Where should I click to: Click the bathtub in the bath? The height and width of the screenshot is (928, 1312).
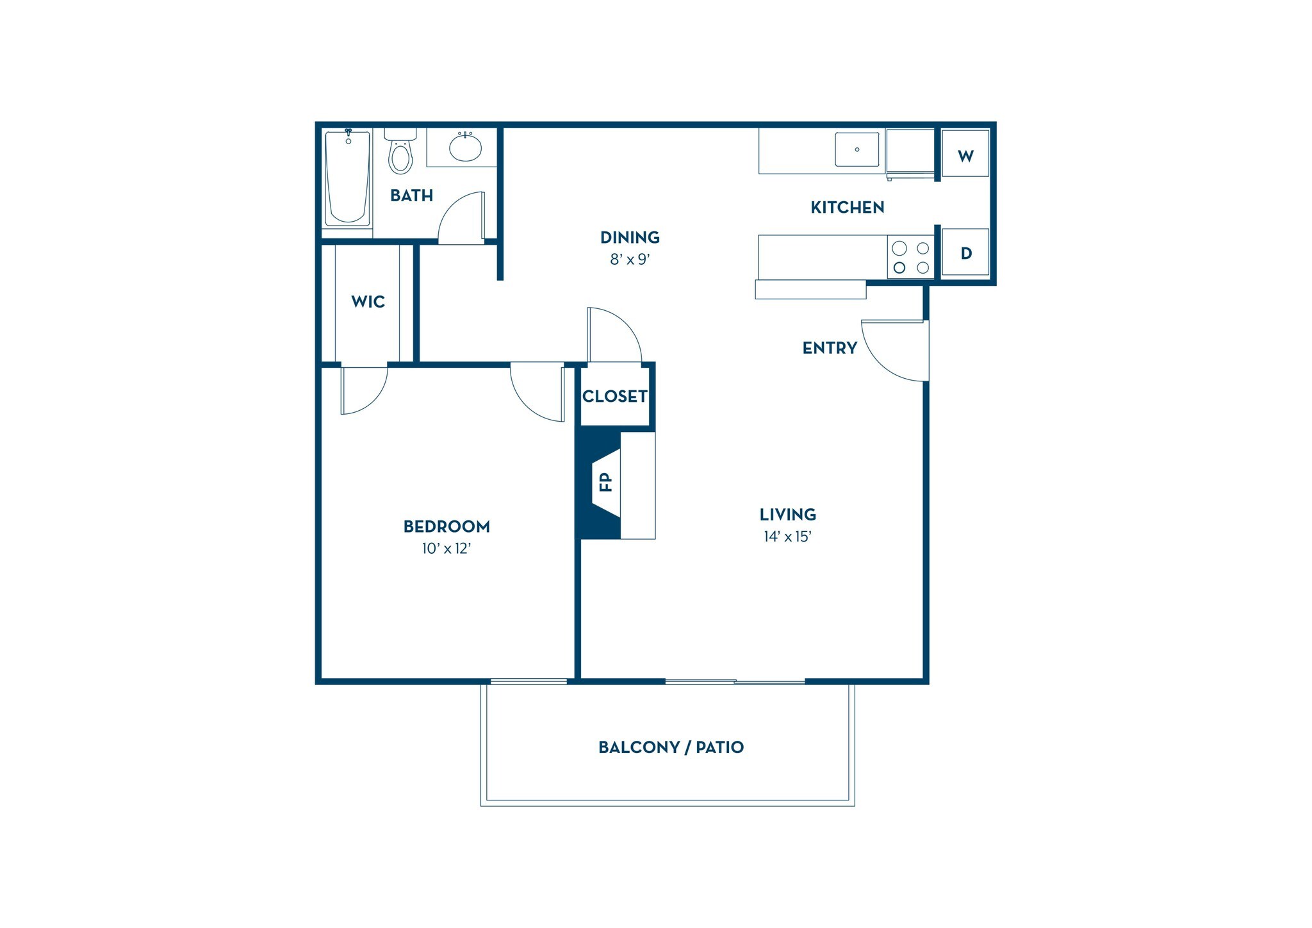coord(347,178)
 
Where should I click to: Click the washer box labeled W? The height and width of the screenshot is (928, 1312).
coord(965,153)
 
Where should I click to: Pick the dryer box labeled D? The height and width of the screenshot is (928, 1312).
coord(965,253)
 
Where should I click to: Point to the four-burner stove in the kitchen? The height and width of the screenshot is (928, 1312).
coord(910,257)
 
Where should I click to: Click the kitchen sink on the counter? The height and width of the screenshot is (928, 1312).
coord(857,149)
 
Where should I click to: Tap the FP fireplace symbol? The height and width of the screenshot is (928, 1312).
coord(605,482)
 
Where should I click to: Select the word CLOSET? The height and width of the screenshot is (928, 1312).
coord(614,397)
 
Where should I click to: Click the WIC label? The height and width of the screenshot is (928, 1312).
coord(368,302)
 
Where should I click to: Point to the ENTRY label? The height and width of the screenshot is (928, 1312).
coord(830,348)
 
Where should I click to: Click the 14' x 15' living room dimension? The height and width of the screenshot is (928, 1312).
coord(787,537)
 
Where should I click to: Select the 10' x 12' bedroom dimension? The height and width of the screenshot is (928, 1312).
coord(447,549)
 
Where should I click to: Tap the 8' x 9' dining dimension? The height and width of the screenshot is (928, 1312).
coord(630,260)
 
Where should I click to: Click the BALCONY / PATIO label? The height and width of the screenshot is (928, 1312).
coord(671,747)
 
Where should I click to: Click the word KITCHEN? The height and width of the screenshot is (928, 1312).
coord(847,208)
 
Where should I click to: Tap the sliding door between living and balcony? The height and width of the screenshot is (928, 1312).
coord(735,681)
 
